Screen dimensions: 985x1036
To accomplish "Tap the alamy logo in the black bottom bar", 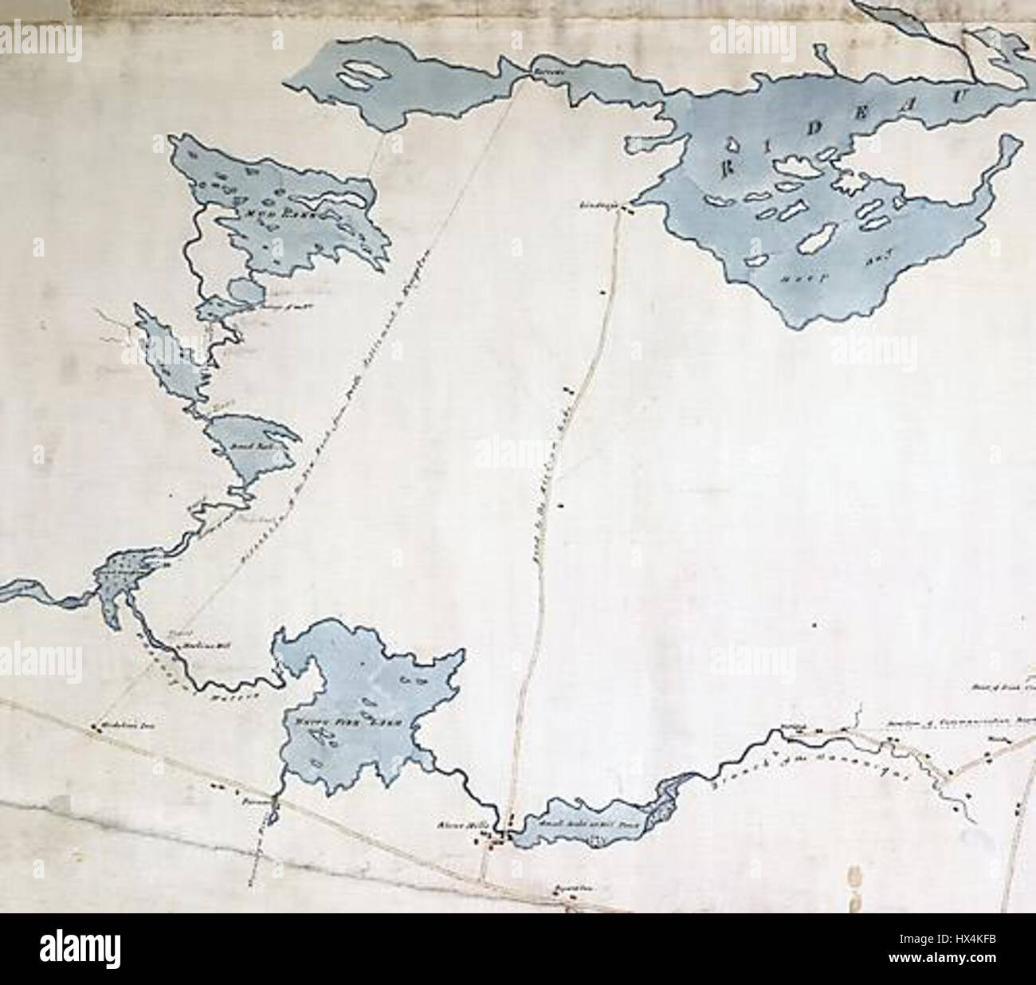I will coord(80,948).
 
